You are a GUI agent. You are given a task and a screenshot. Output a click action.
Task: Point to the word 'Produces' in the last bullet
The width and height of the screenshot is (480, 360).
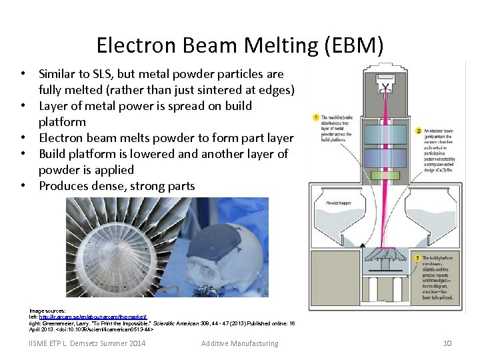coord(64,186)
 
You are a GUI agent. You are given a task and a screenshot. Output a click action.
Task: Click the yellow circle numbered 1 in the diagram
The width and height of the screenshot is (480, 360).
coord(315,118)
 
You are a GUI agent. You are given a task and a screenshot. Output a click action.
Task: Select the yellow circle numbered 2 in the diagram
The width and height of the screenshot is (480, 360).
coord(418,131)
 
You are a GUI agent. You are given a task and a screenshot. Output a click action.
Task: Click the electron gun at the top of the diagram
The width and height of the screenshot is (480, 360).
coord(385,85)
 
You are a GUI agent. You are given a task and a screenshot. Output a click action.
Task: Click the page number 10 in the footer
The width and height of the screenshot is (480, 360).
coord(448,343)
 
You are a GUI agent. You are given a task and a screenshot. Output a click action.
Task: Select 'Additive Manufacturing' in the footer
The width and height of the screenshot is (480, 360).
coord(240,343)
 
